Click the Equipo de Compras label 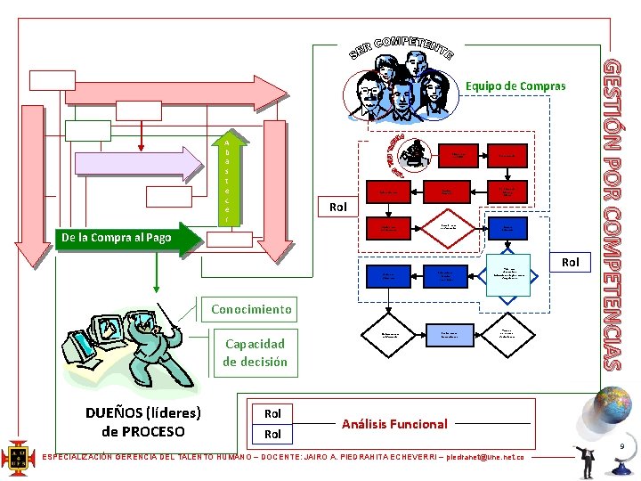[515, 86]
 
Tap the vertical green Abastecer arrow [227, 181]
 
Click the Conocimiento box [250, 309]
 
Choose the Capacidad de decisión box [255, 353]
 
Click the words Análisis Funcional [394, 424]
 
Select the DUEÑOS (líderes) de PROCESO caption [142, 422]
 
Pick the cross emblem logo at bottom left [18, 458]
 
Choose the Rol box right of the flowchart [570, 262]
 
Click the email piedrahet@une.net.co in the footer [484, 457]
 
